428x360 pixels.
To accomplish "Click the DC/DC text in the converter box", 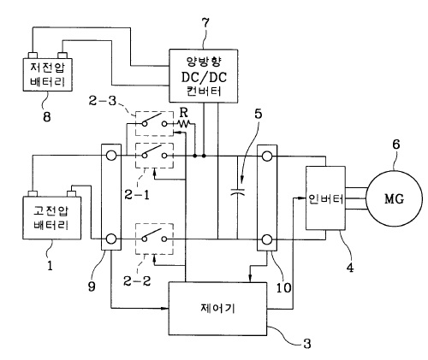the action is click(x=204, y=77).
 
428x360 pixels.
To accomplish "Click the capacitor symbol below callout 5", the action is click(x=238, y=192).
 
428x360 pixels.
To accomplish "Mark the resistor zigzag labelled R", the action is click(x=184, y=124).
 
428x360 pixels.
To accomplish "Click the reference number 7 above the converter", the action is click(x=205, y=23).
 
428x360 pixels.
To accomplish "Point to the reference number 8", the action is click(x=47, y=116).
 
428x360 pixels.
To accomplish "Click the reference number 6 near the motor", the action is click(x=396, y=145).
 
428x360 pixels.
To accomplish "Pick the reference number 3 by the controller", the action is click(x=307, y=344).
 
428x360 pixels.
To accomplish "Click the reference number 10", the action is click(x=283, y=288).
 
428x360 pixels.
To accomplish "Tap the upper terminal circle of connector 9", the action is click(x=111, y=156).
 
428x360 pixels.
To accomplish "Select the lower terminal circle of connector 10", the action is click(x=267, y=239).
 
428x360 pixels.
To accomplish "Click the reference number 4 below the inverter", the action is click(x=350, y=268).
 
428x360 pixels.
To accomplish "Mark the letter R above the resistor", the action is click(x=184, y=113).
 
